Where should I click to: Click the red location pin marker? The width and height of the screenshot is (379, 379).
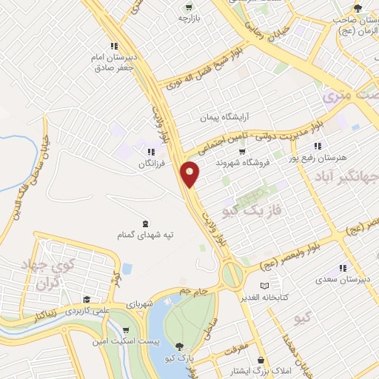click(190, 174)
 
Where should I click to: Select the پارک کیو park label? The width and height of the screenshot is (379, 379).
click(181, 357)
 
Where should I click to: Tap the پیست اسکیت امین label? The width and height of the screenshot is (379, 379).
click(110, 341)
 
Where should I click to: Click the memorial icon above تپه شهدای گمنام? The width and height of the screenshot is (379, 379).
click(145, 224)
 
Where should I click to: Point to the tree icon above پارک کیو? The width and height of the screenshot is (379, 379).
click(180, 346)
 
